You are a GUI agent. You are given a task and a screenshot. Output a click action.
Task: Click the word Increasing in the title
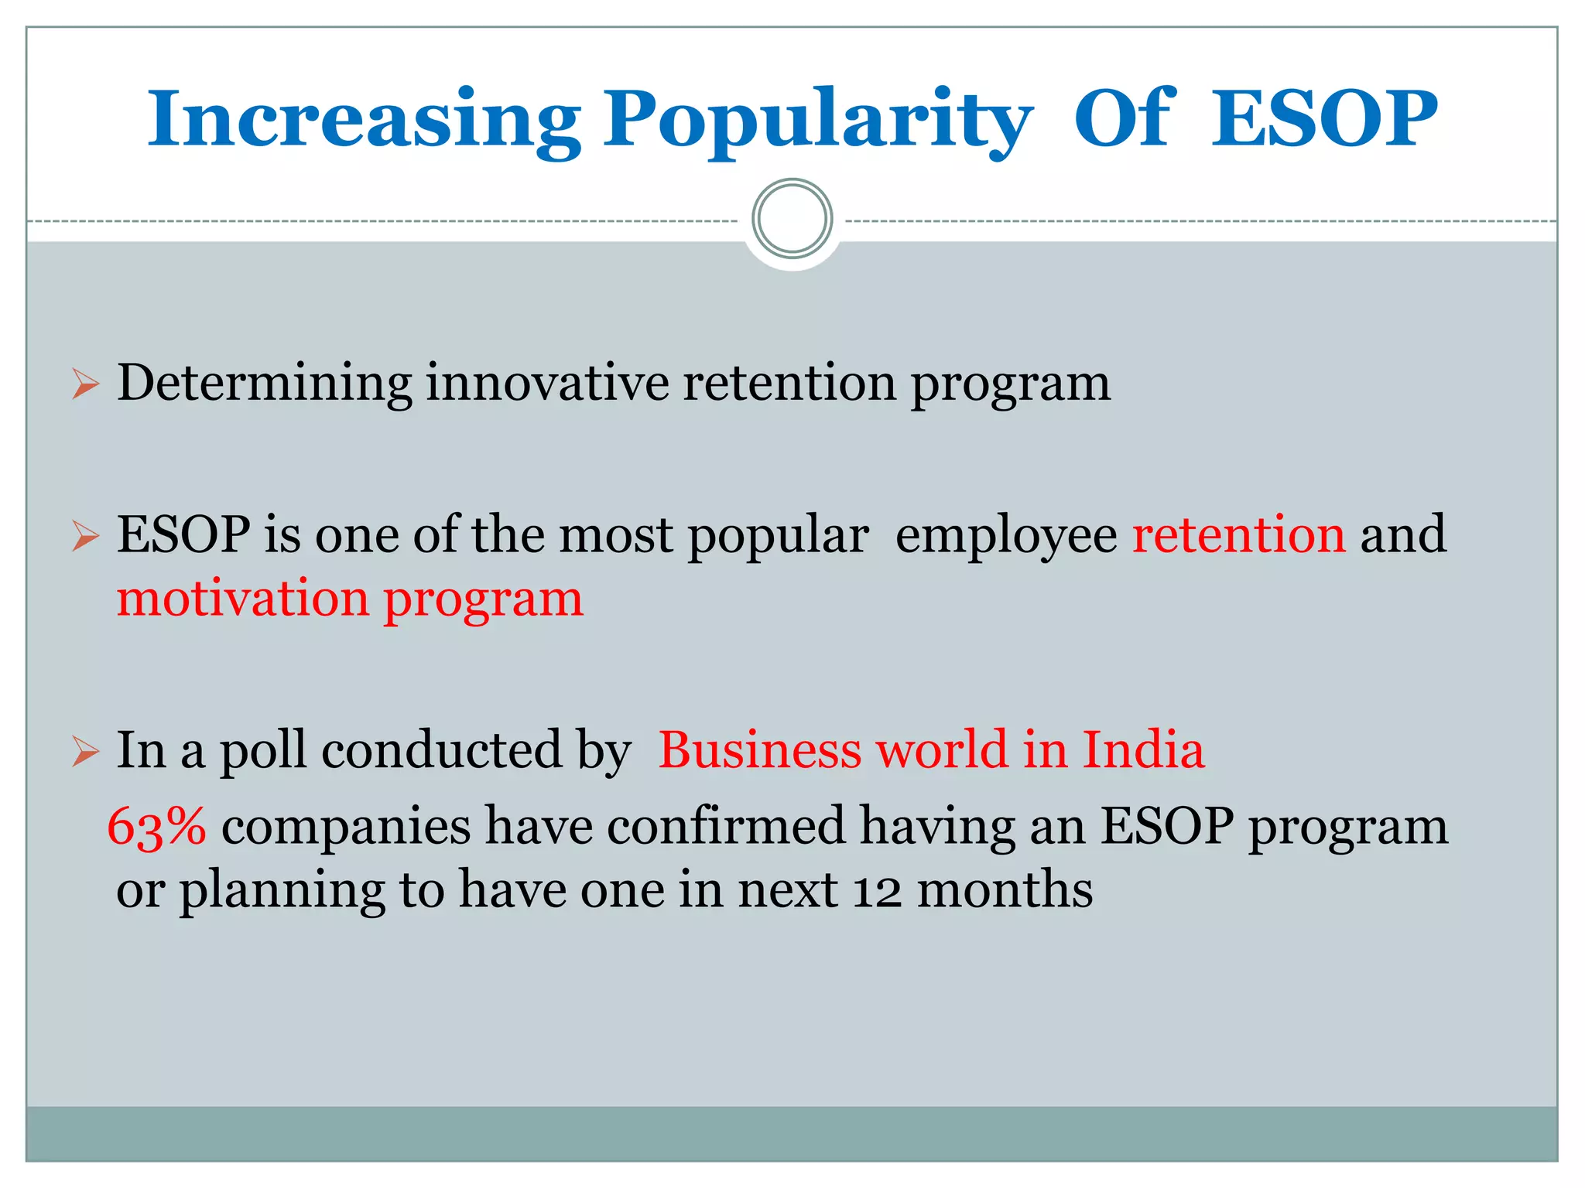[364, 120]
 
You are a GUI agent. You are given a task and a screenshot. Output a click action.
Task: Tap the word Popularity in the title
[817, 120]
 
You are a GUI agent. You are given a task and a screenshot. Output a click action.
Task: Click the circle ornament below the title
[792, 219]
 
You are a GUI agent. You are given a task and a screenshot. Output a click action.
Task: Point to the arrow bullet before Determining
[85, 384]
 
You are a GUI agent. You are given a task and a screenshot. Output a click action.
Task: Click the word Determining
[264, 384]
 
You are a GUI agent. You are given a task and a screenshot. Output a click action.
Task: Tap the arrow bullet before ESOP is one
[85, 535]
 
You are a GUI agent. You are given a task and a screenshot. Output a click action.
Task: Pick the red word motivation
[243, 599]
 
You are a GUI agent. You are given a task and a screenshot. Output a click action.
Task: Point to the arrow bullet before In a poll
[85, 750]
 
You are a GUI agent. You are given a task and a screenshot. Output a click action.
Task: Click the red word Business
[759, 749]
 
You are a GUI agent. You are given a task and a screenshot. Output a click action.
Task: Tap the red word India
[1142, 749]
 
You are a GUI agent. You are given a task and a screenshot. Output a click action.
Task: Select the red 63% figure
[156, 826]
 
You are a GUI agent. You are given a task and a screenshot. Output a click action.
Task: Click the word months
[1005, 889]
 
